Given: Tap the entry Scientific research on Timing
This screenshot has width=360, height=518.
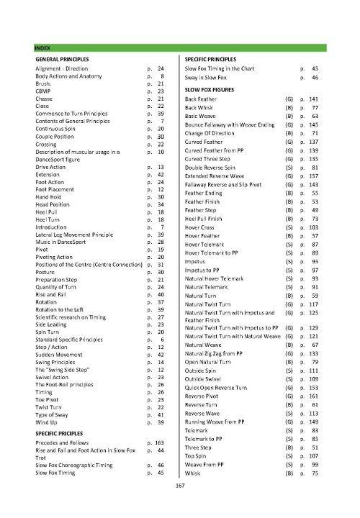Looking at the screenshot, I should point(71,317).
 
